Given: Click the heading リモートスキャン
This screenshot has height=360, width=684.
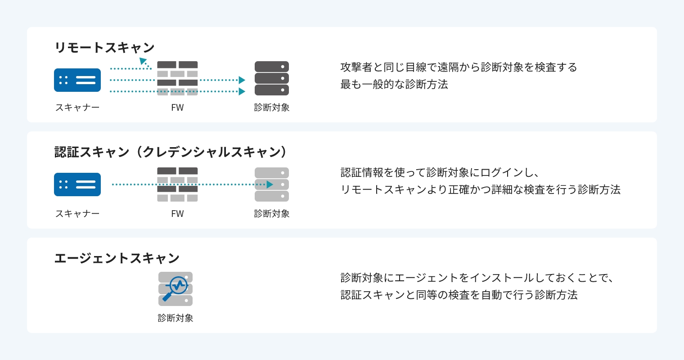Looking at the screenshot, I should [x=104, y=47].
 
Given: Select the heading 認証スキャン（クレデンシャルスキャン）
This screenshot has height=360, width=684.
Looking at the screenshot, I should [x=170, y=152].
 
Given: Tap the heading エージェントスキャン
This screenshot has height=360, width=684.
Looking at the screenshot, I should [x=117, y=258].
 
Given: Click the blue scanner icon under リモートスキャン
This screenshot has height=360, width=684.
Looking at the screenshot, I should [x=77, y=80].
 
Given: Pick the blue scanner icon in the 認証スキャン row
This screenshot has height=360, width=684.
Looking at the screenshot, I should [x=77, y=184].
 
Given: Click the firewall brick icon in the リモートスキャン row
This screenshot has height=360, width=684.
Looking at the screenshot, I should [x=177, y=78].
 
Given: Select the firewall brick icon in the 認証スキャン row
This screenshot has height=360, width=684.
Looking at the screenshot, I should [x=177, y=184].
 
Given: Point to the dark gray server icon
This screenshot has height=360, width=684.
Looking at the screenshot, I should [x=272, y=78].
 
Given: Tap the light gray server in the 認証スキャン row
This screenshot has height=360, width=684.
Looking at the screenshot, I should [x=272, y=184].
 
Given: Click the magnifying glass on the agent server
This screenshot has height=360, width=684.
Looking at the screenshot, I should [x=176, y=287].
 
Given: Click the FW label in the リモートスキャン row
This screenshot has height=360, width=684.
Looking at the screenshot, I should [x=177, y=108].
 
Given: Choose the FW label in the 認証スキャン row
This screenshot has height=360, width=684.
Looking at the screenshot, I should [x=177, y=214].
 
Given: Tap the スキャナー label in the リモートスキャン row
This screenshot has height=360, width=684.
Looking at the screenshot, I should [x=77, y=108].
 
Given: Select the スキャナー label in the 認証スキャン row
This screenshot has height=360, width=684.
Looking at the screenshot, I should [x=77, y=214].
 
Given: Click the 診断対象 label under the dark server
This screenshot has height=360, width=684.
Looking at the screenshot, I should [x=272, y=108].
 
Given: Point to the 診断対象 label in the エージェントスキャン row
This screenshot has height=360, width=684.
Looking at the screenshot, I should [x=175, y=318].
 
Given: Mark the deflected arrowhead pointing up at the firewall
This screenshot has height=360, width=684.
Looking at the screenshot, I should [x=143, y=61].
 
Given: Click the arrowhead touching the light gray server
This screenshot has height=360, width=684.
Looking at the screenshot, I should [x=270, y=184].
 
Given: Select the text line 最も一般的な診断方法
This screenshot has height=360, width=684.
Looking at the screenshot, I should [x=394, y=85].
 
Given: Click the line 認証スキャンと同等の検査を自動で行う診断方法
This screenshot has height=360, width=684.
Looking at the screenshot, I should [x=459, y=295].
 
